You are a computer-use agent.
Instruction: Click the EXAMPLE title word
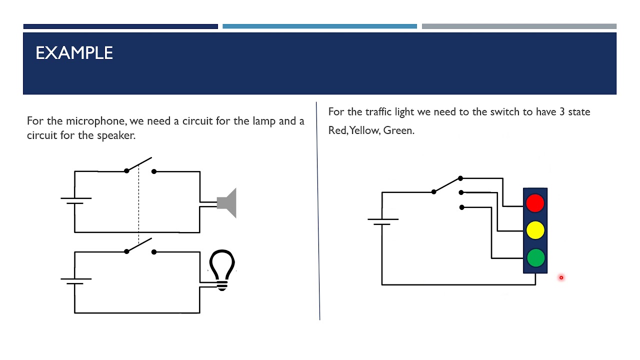[74, 53]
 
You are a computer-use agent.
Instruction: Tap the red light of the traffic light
[535, 203]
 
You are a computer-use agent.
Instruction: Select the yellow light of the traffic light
[535, 230]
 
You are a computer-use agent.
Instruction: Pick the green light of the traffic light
[535, 257]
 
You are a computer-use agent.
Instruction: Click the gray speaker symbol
[226, 203]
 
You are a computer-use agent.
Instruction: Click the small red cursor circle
[561, 277]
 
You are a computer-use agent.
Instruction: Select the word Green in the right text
[398, 130]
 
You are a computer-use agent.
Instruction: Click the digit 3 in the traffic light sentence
[562, 111]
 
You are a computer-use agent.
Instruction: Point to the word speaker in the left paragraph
[115, 135]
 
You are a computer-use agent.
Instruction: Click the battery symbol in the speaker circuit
[76, 200]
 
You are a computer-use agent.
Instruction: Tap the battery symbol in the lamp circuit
[76, 281]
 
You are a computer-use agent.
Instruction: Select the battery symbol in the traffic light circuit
[383, 221]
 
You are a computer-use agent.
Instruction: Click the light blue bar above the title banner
[319, 26]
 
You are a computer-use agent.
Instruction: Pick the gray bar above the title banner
[519, 26]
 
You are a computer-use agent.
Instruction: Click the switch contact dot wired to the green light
[461, 207]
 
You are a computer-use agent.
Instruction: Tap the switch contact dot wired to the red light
[460, 178]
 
